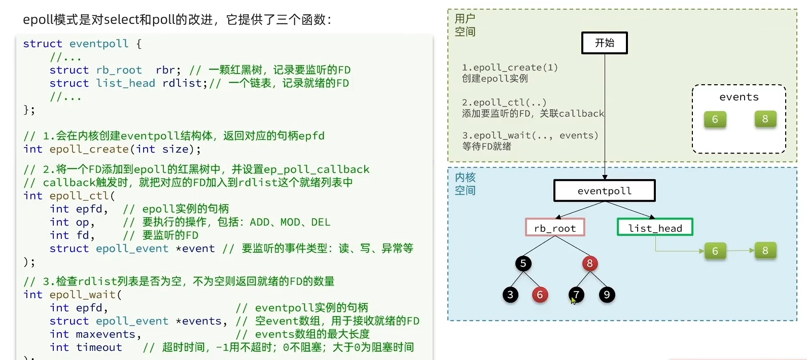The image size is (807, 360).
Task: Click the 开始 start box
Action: pos(604,43)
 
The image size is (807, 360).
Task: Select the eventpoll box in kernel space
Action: pos(604,191)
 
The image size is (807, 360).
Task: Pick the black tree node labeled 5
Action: pos(523,263)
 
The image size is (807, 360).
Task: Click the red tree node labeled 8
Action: pos(589,263)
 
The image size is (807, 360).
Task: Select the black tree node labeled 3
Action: pos(510,295)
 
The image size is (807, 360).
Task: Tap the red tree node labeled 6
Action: pos(540,295)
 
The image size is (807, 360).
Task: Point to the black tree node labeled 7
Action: pos(576,295)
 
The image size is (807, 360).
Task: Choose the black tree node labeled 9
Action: pos(607,295)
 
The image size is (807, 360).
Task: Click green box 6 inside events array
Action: pos(715,120)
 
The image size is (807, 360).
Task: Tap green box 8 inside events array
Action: pos(765,119)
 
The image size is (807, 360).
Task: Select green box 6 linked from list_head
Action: pos(715,251)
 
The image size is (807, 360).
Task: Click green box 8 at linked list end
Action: pos(765,250)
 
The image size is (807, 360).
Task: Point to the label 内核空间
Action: pos(465,184)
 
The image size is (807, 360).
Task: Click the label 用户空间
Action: pos(465,25)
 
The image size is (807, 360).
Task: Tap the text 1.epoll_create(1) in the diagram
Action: pos(510,67)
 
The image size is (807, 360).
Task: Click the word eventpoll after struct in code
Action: pos(99,44)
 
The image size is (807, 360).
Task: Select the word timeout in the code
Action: pos(99,347)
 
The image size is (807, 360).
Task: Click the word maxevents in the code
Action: pos(106,334)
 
